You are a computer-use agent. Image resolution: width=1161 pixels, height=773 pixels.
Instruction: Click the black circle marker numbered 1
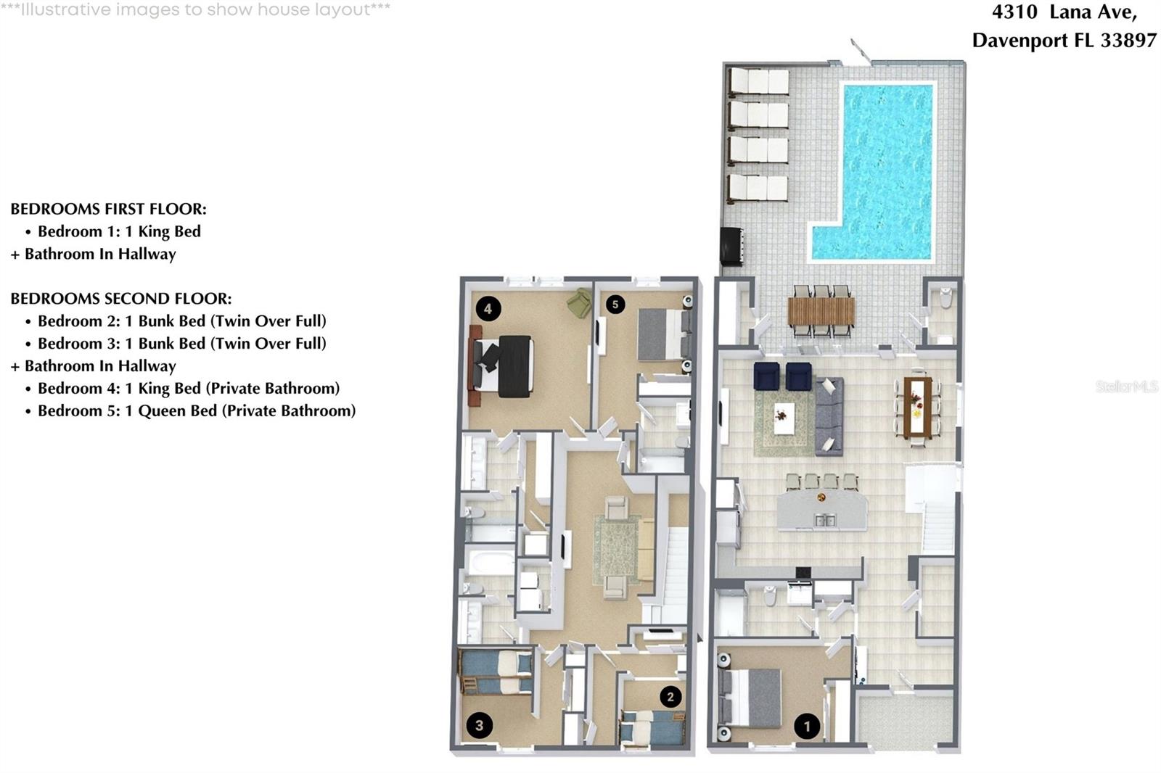point(807,726)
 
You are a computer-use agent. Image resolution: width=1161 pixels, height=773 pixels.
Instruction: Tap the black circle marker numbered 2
point(670,697)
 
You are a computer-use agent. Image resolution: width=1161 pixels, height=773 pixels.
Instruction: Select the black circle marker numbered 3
point(479,724)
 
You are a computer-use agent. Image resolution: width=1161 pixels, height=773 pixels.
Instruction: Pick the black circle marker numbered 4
point(488,309)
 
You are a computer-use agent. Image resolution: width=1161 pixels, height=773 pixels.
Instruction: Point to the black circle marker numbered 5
point(615,305)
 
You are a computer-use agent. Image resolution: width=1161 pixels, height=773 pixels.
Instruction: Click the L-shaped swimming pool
point(885,167)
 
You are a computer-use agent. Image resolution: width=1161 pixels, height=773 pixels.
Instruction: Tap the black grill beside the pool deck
point(731,247)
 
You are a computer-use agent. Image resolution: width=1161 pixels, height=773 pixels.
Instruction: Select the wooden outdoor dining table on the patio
point(821,312)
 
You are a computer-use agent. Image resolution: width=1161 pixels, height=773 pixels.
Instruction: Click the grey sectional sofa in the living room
point(829,415)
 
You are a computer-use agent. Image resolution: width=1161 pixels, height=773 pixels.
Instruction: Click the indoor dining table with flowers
point(918,406)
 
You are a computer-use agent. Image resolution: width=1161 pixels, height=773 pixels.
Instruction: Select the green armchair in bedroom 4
point(580,302)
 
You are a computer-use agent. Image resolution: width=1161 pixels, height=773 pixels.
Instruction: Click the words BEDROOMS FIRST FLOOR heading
point(108,209)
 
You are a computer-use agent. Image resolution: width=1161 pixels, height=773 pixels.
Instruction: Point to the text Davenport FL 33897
point(1064,40)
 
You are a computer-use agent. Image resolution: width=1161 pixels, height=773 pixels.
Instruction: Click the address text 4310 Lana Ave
point(1064,12)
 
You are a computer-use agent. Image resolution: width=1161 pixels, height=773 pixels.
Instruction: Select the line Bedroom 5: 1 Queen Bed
point(196,410)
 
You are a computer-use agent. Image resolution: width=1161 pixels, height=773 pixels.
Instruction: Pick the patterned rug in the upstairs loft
point(617,549)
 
